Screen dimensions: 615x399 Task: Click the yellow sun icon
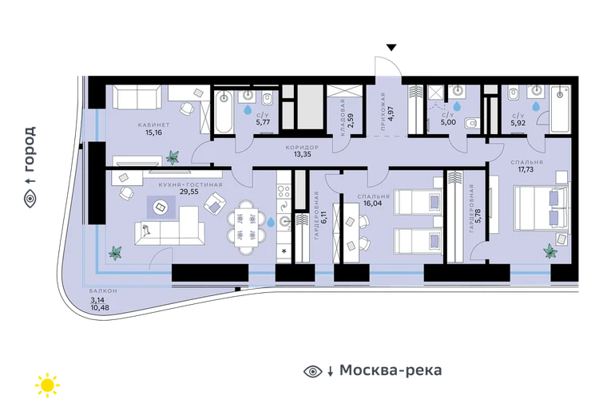(47, 385)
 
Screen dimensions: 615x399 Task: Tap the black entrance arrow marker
(391, 47)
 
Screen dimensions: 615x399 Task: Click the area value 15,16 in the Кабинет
(153, 132)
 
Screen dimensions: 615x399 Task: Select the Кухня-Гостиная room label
(190, 184)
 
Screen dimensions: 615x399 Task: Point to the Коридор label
(302, 148)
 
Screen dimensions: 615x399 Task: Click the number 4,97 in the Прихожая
(391, 113)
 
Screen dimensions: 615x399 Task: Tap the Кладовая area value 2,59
(351, 120)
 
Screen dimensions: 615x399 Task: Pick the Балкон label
(103, 291)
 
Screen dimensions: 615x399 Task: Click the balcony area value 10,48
(100, 308)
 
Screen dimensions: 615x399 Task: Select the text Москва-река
(391, 370)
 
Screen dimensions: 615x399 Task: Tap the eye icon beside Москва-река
(312, 371)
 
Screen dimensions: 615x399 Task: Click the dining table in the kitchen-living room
(246, 227)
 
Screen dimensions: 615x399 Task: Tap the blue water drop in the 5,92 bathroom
(536, 106)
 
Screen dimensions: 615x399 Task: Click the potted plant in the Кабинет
(173, 157)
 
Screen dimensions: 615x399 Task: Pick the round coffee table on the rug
(161, 207)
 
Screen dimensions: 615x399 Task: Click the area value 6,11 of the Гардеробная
(324, 216)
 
